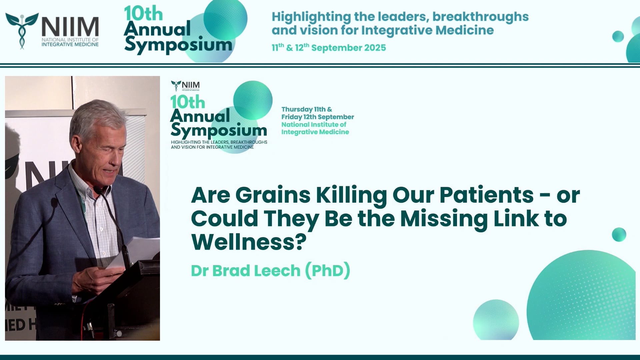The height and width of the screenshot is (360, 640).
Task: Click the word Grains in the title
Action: click(273, 195)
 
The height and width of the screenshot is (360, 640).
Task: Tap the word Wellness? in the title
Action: click(249, 242)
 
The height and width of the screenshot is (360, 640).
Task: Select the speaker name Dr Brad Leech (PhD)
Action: click(270, 270)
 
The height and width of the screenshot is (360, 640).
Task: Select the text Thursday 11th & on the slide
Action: click(306, 109)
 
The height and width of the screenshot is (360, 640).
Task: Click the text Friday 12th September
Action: click(317, 117)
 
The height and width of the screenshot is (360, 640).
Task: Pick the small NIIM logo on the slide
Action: click(185, 85)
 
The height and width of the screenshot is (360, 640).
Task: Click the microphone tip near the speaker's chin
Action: click(97, 190)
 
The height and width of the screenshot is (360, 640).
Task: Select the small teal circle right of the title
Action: click(619, 235)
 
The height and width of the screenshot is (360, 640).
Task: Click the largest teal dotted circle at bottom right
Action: click(582, 297)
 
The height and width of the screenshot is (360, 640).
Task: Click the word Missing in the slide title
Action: click(444, 219)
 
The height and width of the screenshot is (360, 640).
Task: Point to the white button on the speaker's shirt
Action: click(101, 229)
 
